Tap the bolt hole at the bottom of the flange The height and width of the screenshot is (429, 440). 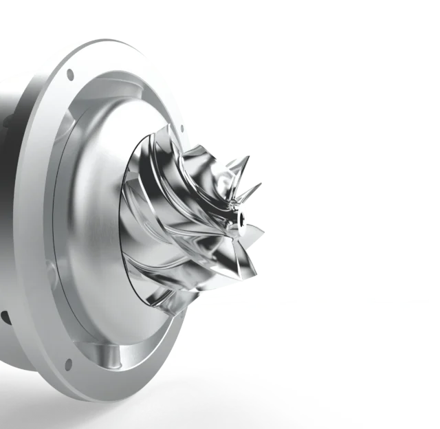(x=69, y=363)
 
